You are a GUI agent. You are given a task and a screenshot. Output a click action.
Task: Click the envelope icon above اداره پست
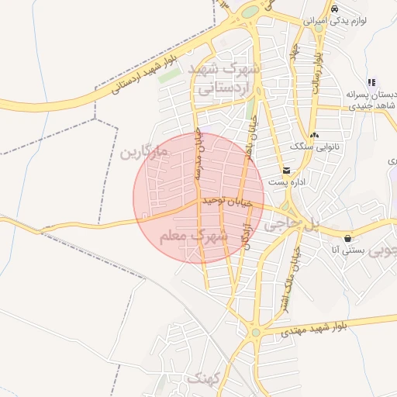[x=286, y=171]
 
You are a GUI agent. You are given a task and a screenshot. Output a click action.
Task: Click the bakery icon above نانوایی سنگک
[x=313, y=135]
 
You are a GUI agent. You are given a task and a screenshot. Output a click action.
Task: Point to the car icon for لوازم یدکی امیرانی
[x=334, y=9]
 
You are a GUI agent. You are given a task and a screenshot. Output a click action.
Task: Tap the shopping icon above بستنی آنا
[x=347, y=238]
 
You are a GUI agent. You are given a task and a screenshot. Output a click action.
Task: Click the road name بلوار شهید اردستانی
[x=147, y=73]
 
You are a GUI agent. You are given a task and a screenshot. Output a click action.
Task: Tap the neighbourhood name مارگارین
[x=143, y=151]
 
